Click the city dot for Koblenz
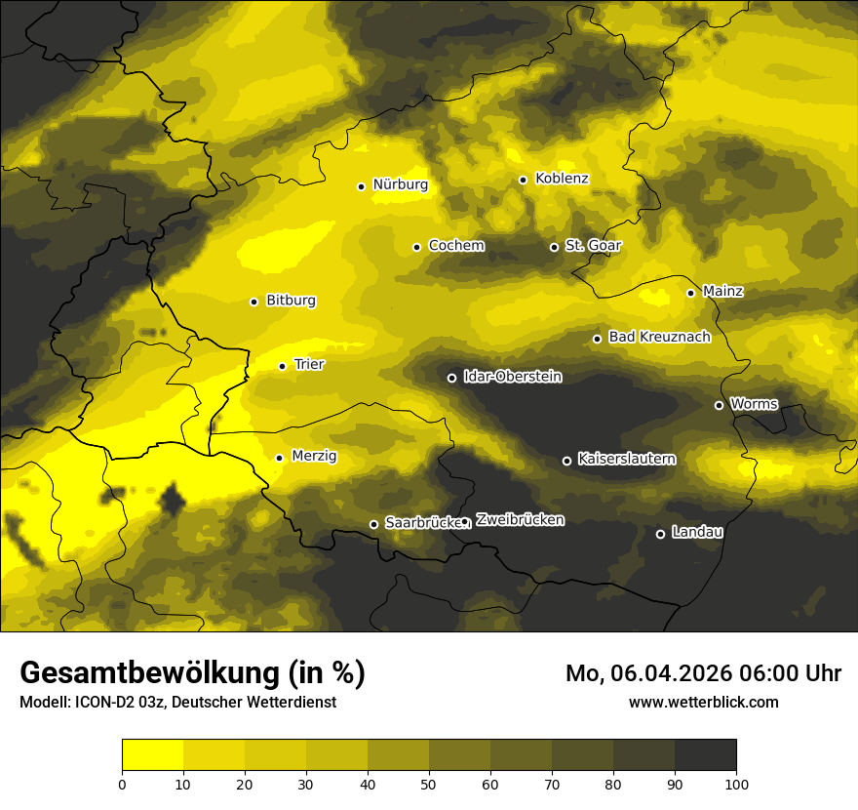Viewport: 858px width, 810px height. [x=523, y=180]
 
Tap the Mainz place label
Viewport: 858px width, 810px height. [x=722, y=292]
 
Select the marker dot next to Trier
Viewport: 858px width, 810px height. [x=282, y=366]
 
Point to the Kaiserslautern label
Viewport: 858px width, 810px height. [x=626, y=459]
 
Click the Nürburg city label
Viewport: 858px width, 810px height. [x=400, y=184]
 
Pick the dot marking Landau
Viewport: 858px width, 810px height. [x=660, y=534]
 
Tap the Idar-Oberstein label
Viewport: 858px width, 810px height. [x=512, y=377]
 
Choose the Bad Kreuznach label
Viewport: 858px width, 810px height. [x=659, y=338]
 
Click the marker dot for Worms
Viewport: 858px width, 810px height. [x=719, y=405]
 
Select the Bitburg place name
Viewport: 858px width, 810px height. [x=291, y=301]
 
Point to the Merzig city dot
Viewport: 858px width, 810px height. [x=279, y=458]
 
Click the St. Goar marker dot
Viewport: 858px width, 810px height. [x=554, y=247]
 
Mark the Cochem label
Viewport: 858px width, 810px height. [x=455, y=246]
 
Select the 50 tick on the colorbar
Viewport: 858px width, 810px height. [x=429, y=783]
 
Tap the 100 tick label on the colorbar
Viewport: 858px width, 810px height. [x=736, y=783]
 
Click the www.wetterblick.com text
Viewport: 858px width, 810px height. [x=703, y=702]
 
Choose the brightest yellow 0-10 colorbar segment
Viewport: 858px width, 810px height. [x=152, y=755]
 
